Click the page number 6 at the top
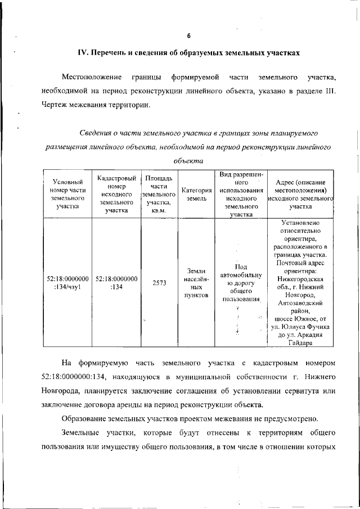(x=189, y=36)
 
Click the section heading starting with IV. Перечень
(x=188, y=53)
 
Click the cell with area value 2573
(x=159, y=283)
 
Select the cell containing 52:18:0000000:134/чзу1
(x=67, y=282)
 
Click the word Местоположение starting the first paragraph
(x=92, y=76)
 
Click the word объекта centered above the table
(x=188, y=161)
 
